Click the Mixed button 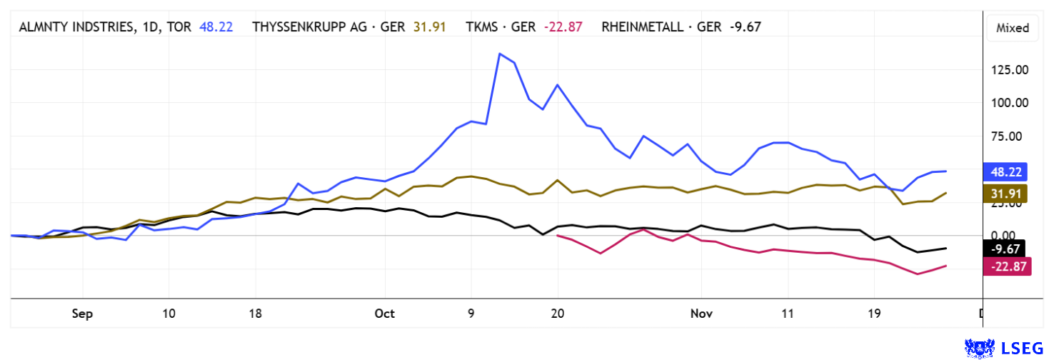(x=1012, y=28)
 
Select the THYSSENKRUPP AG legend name (x=313, y=27)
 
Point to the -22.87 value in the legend (x=563, y=27)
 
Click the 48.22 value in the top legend (x=215, y=27)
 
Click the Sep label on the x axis (x=83, y=313)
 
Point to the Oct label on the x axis (x=385, y=313)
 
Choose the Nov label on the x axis (x=701, y=313)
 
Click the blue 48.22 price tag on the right (x=1006, y=171)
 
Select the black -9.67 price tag (x=1005, y=249)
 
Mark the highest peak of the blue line (x=500, y=54)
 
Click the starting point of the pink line (x=558, y=235)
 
